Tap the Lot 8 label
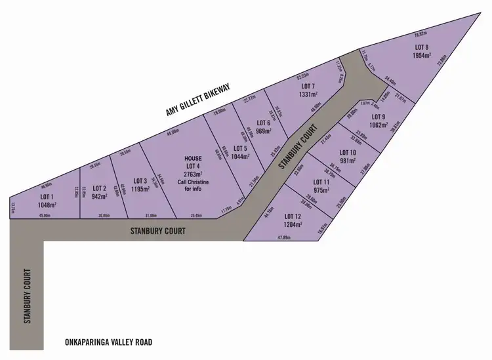pos(422,47)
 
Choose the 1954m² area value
pos(422,56)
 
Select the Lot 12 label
pos(293,216)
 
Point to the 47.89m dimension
pos(284,237)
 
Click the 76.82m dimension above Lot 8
pos(420,33)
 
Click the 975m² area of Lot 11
pos(321,190)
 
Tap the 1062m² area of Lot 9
pos(379,125)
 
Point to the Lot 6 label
pos(264,123)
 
